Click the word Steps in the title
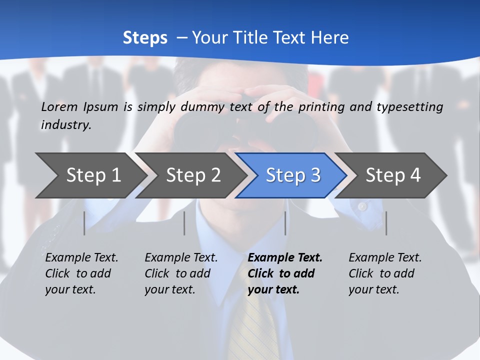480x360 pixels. point(145,38)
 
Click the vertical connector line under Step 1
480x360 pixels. point(84,223)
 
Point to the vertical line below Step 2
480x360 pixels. point(184,223)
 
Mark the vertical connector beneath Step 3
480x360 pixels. point(285,223)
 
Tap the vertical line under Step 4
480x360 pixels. point(386,223)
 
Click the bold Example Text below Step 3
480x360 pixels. point(285,258)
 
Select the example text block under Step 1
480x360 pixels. point(81,273)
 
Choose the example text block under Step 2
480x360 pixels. point(181,273)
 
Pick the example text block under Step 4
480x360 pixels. point(385,273)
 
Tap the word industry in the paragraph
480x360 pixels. point(65,125)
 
